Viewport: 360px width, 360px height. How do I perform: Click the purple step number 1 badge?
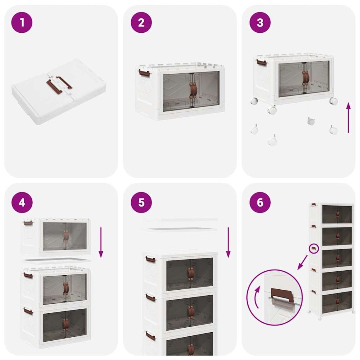click(x=22, y=22)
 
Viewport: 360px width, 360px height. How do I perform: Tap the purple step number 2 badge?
click(x=141, y=22)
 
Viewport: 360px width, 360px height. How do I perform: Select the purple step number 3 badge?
click(x=260, y=22)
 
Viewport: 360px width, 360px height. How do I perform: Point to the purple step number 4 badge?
click(x=22, y=202)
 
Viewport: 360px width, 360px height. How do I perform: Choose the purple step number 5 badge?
click(x=141, y=202)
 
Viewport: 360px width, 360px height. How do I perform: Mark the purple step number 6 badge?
click(x=260, y=202)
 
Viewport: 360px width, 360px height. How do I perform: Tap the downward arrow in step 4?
click(x=101, y=242)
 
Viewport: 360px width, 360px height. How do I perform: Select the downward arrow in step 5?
click(x=228, y=242)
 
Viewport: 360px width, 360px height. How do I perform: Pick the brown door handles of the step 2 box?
click(x=193, y=90)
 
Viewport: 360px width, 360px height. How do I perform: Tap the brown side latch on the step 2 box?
click(x=143, y=72)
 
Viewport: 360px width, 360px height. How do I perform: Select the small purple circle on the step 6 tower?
click(x=314, y=249)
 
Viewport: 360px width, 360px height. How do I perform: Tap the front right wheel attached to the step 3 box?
click(x=333, y=101)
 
